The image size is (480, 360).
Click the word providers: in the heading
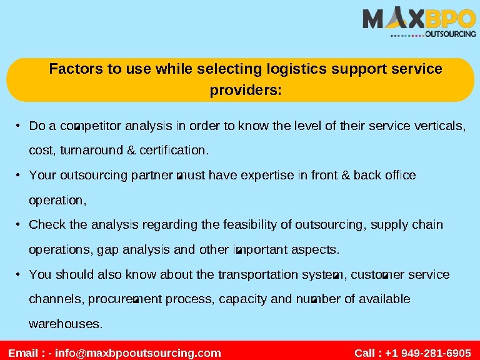click(x=246, y=91)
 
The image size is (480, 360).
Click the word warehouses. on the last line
click(x=66, y=324)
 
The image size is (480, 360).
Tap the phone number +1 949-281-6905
click(x=428, y=353)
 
